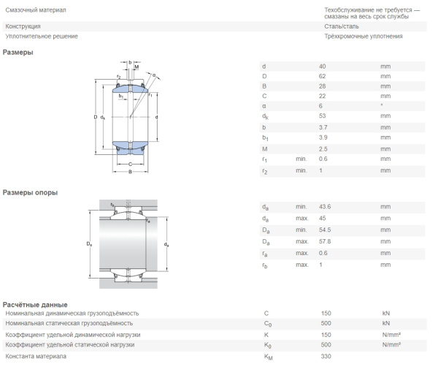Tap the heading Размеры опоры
point(31,192)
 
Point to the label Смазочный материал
point(35,10)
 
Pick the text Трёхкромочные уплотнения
point(342,36)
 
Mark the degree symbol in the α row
point(382,105)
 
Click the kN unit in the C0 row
point(386,323)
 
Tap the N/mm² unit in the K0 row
point(391,344)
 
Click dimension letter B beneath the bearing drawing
point(130,173)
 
